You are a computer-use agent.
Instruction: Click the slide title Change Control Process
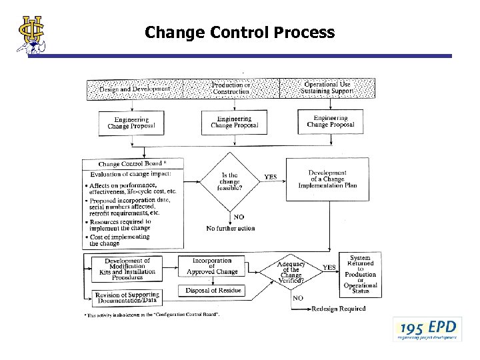pyautogui.click(x=239, y=32)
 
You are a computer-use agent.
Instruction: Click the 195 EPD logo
pyautogui.click(x=427, y=329)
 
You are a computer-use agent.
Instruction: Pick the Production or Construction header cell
pyautogui.click(x=231, y=88)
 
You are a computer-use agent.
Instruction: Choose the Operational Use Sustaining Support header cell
pyautogui.click(x=327, y=88)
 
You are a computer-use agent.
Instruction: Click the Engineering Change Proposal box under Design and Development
pyautogui.click(x=131, y=122)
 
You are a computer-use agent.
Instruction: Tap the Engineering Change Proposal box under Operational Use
pyautogui.click(x=331, y=121)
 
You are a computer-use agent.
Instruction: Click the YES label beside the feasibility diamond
pyautogui.click(x=271, y=177)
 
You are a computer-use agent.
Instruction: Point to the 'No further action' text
pyautogui.click(x=231, y=228)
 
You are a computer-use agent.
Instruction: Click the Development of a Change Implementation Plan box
pyautogui.click(x=332, y=179)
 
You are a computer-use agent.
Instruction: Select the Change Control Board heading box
pyautogui.click(x=133, y=163)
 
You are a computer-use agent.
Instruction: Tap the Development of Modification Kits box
pyautogui.click(x=127, y=269)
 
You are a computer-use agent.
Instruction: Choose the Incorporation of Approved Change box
pyautogui.click(x=211, y=266)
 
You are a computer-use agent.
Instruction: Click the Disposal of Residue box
pyautogui.click(x=212, y=290)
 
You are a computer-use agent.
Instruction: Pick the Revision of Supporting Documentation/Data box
pyautogui.click(x=127, y=297)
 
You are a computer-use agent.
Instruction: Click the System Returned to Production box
pyautogui.click(x=360, y=273)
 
